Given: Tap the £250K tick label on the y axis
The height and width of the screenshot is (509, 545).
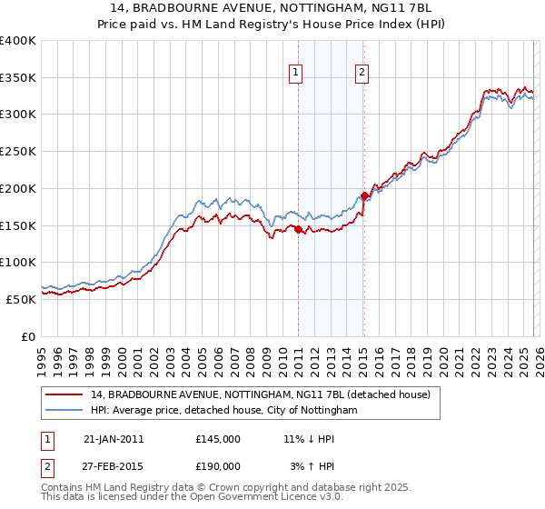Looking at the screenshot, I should click(x=18, y=151).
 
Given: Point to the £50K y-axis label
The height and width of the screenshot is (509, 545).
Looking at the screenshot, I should click(x=21, y=298).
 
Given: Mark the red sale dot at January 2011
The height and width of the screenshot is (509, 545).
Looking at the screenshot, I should click(x=298, y=230).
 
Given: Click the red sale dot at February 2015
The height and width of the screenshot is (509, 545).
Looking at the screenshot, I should click(x=364, y=195).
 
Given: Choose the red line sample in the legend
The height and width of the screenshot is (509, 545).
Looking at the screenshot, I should click(x=64, y=394).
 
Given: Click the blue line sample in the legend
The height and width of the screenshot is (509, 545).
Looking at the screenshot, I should click(x=64, y=411).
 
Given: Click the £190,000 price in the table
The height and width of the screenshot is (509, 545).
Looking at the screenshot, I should click(x=218, y=465).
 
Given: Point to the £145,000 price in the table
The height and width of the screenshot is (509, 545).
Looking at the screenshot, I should click(x=218, y=439).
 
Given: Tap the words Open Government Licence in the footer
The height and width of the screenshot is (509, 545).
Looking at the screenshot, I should click(x=272, y=499).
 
